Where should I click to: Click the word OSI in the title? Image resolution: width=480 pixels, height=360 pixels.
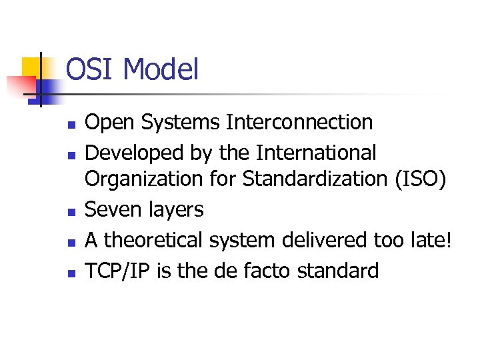(91, 70)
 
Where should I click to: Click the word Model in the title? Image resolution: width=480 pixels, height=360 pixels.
(161, 70)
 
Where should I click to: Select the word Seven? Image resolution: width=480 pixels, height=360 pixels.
(112, 210)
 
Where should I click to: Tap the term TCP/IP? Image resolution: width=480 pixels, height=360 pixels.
(118, 271)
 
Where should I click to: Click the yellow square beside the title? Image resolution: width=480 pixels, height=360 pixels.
(33, 67)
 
